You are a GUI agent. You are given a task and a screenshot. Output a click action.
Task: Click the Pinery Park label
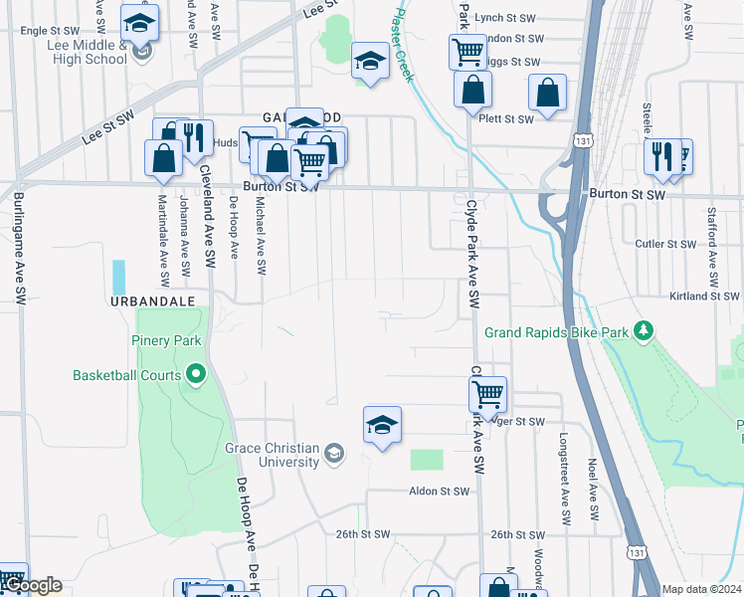tap(166, 340)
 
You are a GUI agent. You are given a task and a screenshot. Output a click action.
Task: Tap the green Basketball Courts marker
tap(197, 375)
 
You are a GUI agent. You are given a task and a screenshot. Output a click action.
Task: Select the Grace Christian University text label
tap(272, 455)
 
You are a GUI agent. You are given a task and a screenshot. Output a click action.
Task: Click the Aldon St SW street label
tap(439, 492)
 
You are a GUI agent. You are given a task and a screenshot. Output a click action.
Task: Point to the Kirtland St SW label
tap(703, 297)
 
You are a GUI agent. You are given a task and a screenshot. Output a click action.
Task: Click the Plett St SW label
tap(506, 118)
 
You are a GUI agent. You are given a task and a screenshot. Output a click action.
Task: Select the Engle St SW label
tap(49, 31)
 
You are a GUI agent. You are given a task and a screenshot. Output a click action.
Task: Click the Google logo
tap(33, 585)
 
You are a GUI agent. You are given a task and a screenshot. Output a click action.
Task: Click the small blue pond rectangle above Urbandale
tap(119, 277)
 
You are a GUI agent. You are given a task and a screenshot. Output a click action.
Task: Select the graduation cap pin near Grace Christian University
tap(382, 425)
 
